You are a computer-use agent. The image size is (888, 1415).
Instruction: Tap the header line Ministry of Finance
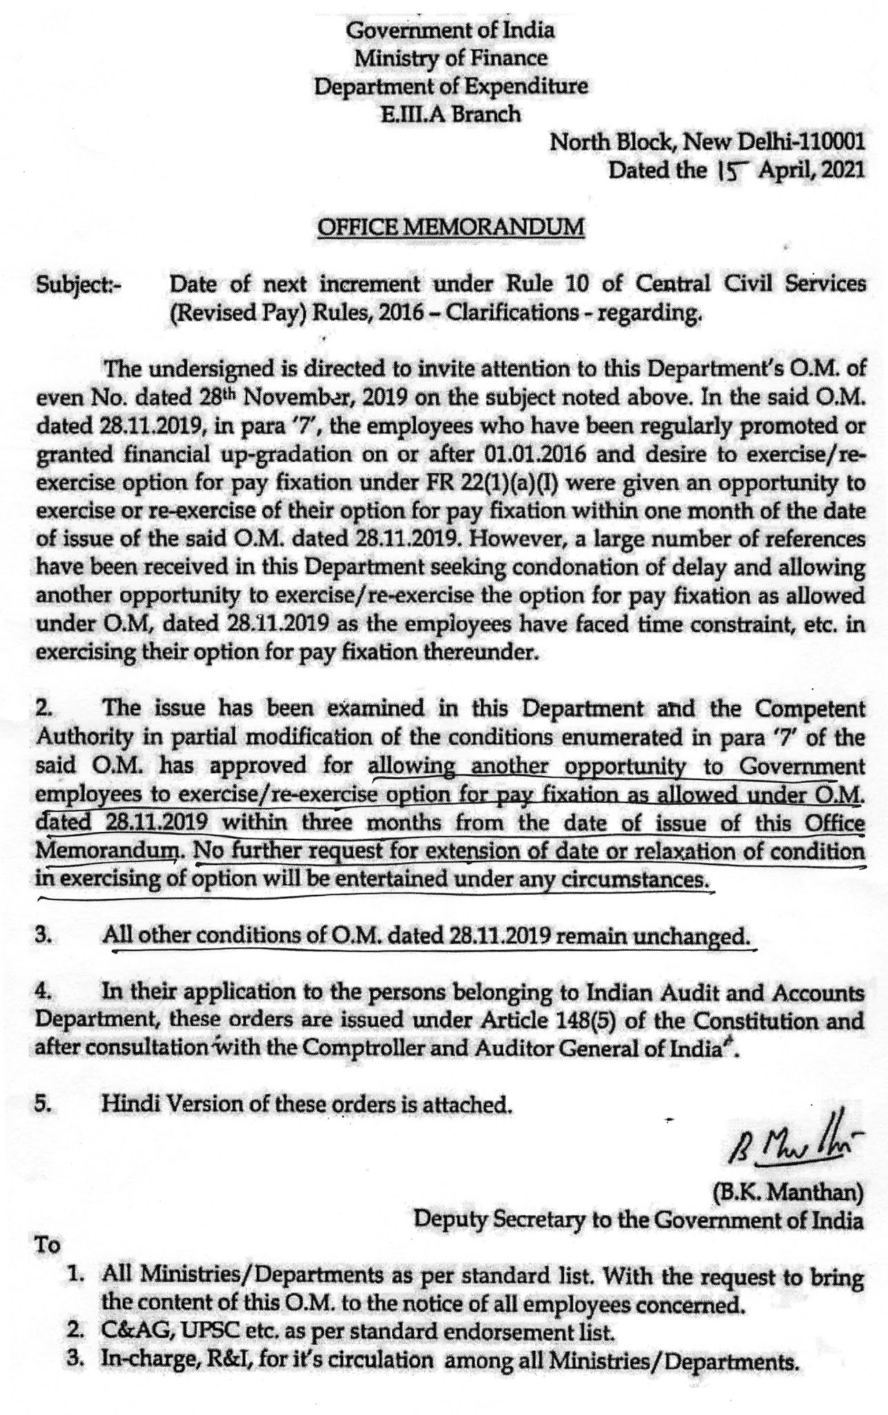point(451,59)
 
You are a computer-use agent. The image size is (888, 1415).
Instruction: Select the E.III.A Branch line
point(452,114)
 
